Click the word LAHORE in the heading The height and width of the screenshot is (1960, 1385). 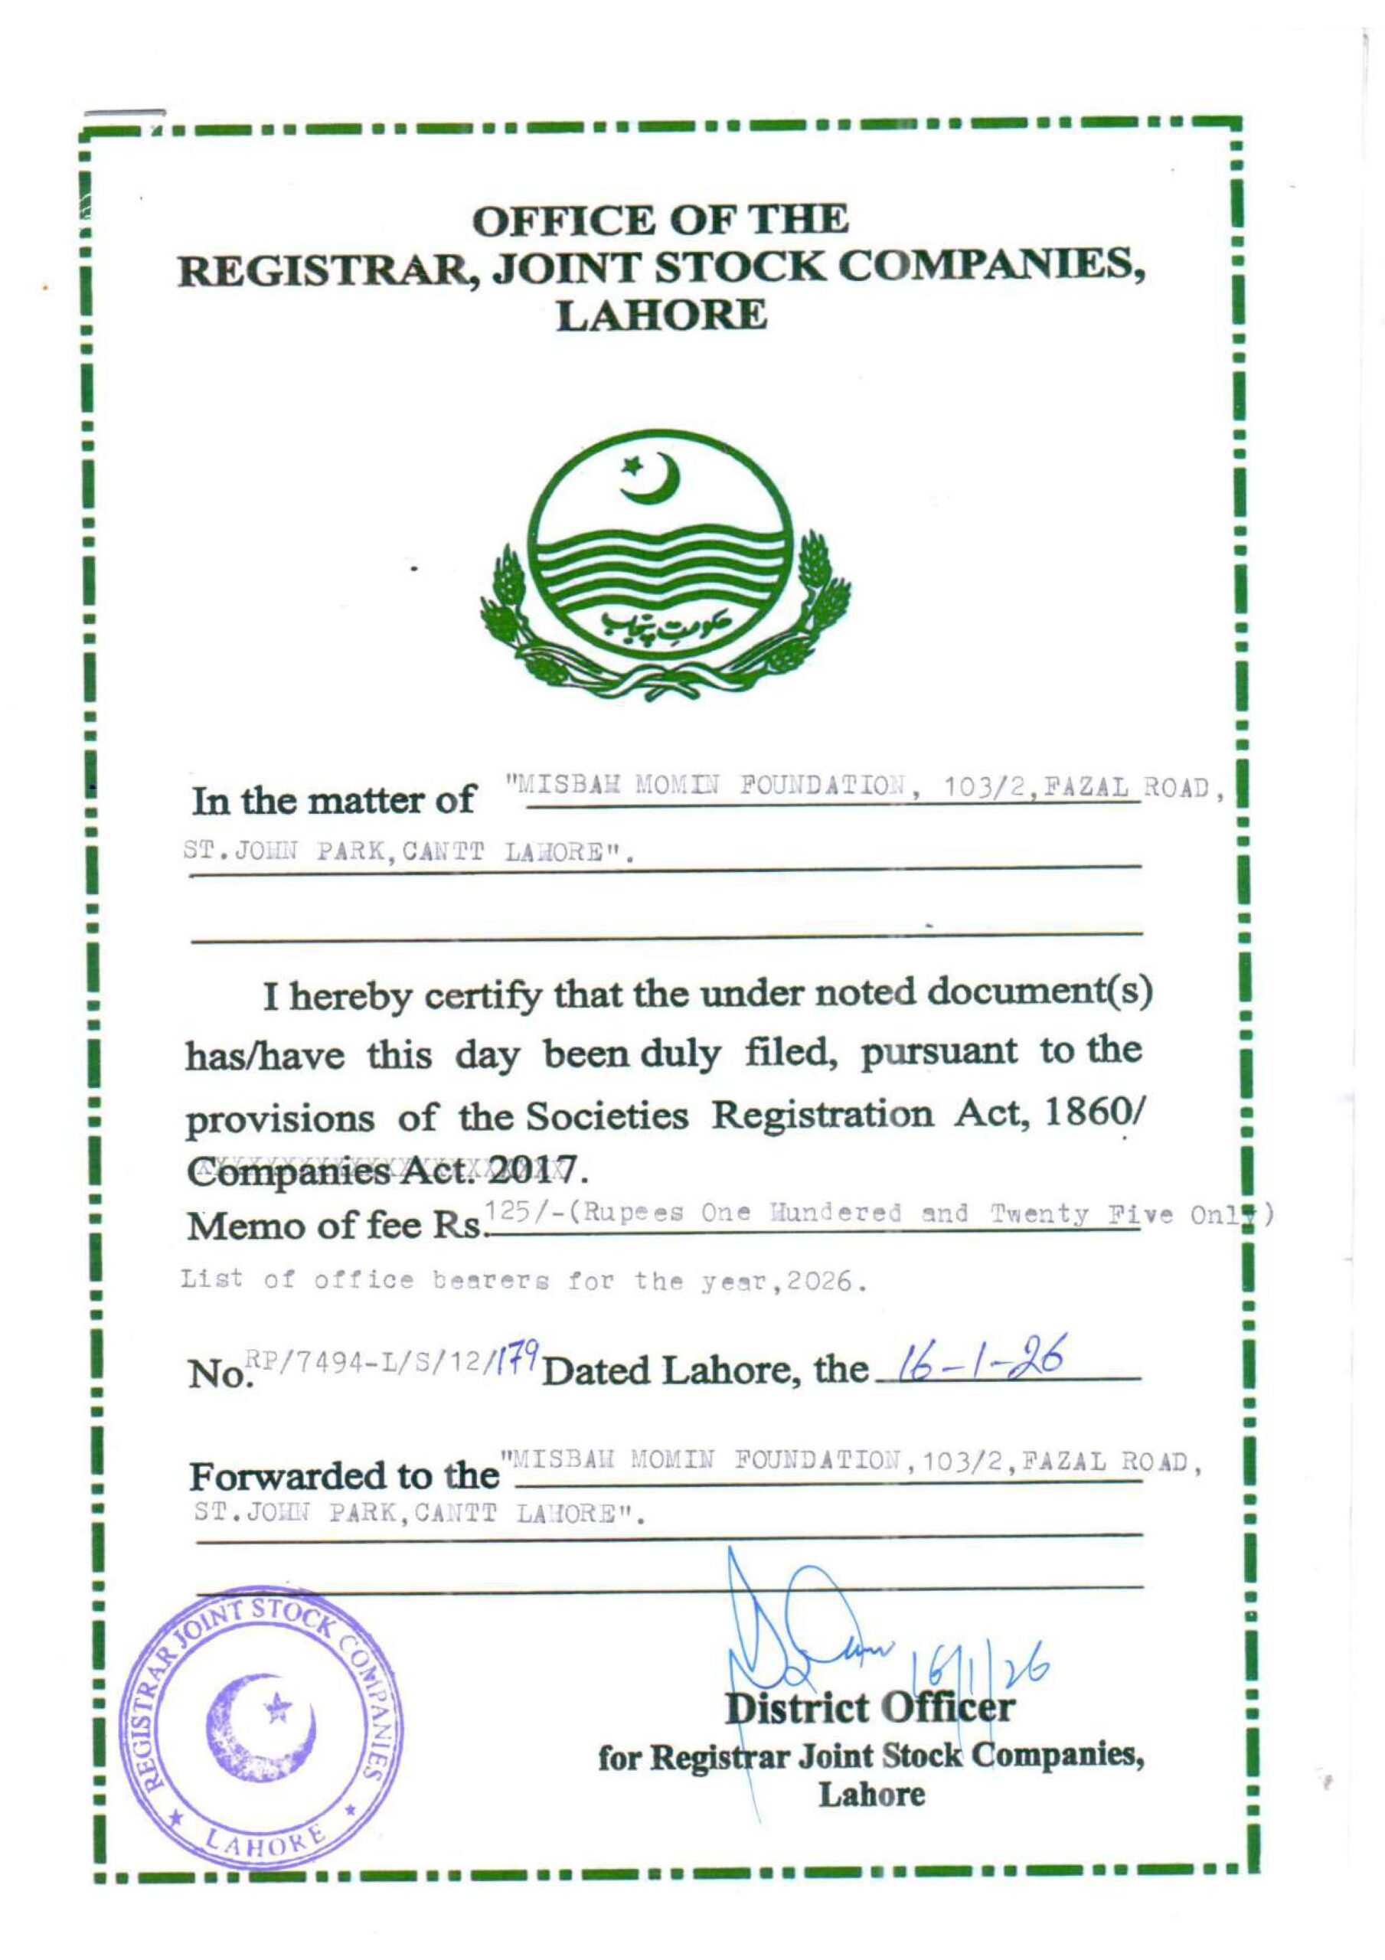pos(661,317)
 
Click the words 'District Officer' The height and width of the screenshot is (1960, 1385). pos(869,1707)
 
